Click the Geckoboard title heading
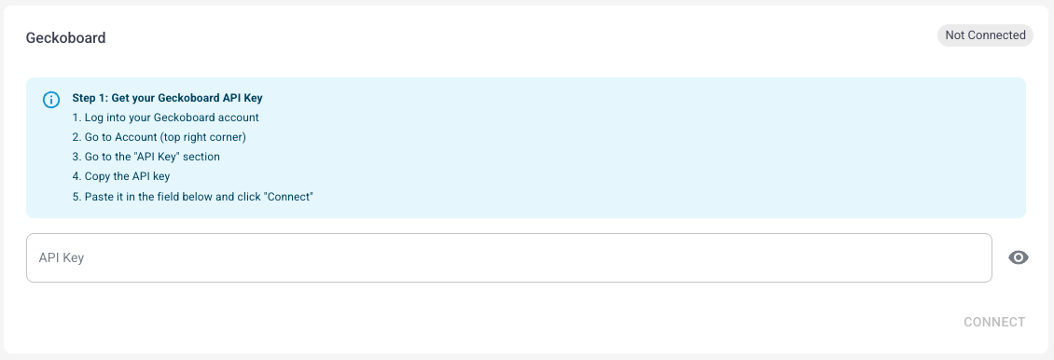pyautogui.click(x=66, y=38)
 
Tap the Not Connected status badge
pyautogui.click(x=985, y=35)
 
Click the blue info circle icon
pyautogui.click(x=51, y=100)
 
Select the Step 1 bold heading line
pyautogui.click(x=167, y=98)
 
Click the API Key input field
pyautogui.click(x=509, y=258)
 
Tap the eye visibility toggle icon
pyautogui.click(x=1019, y=258)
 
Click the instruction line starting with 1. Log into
pyautogui.click(x=165, y=118)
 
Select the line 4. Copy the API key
pyautogui.click(x=121, y=176)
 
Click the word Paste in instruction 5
pyautogui.click(x=99, y=197)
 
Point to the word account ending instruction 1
pyautogui.click(x=240, y=118)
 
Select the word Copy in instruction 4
pyautogui.click(x=97, y=176)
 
